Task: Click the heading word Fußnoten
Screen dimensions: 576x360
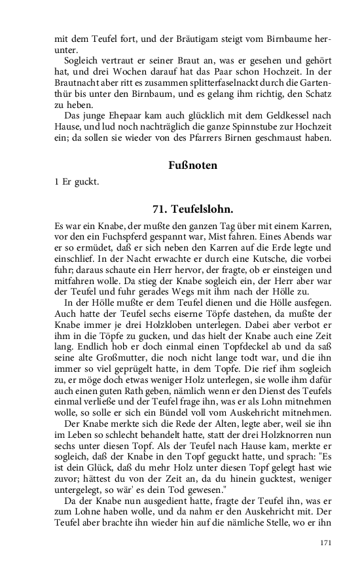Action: click(x=192, y=166)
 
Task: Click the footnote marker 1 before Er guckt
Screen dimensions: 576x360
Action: click(x=57, y=181)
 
